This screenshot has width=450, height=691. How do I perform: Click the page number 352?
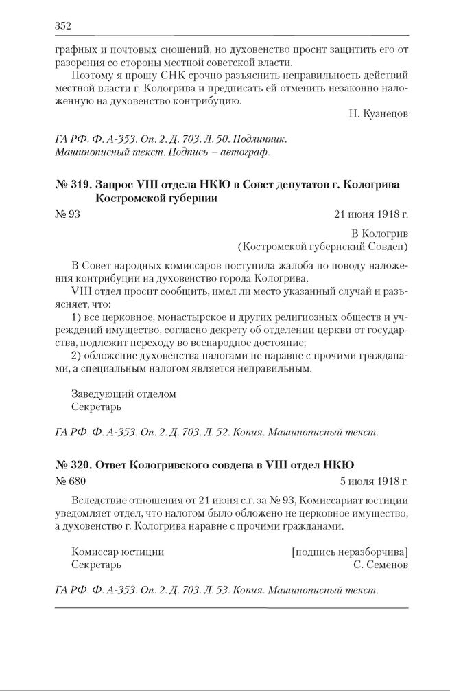point(62,25)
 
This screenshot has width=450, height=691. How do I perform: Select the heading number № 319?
point(71,185)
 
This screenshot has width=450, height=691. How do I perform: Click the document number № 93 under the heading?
point(67,214)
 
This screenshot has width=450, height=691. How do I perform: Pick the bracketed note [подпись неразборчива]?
point(350,552)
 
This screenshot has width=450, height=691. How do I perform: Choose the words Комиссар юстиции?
point(117,552)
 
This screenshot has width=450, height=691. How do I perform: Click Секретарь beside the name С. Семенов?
point(96,565)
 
